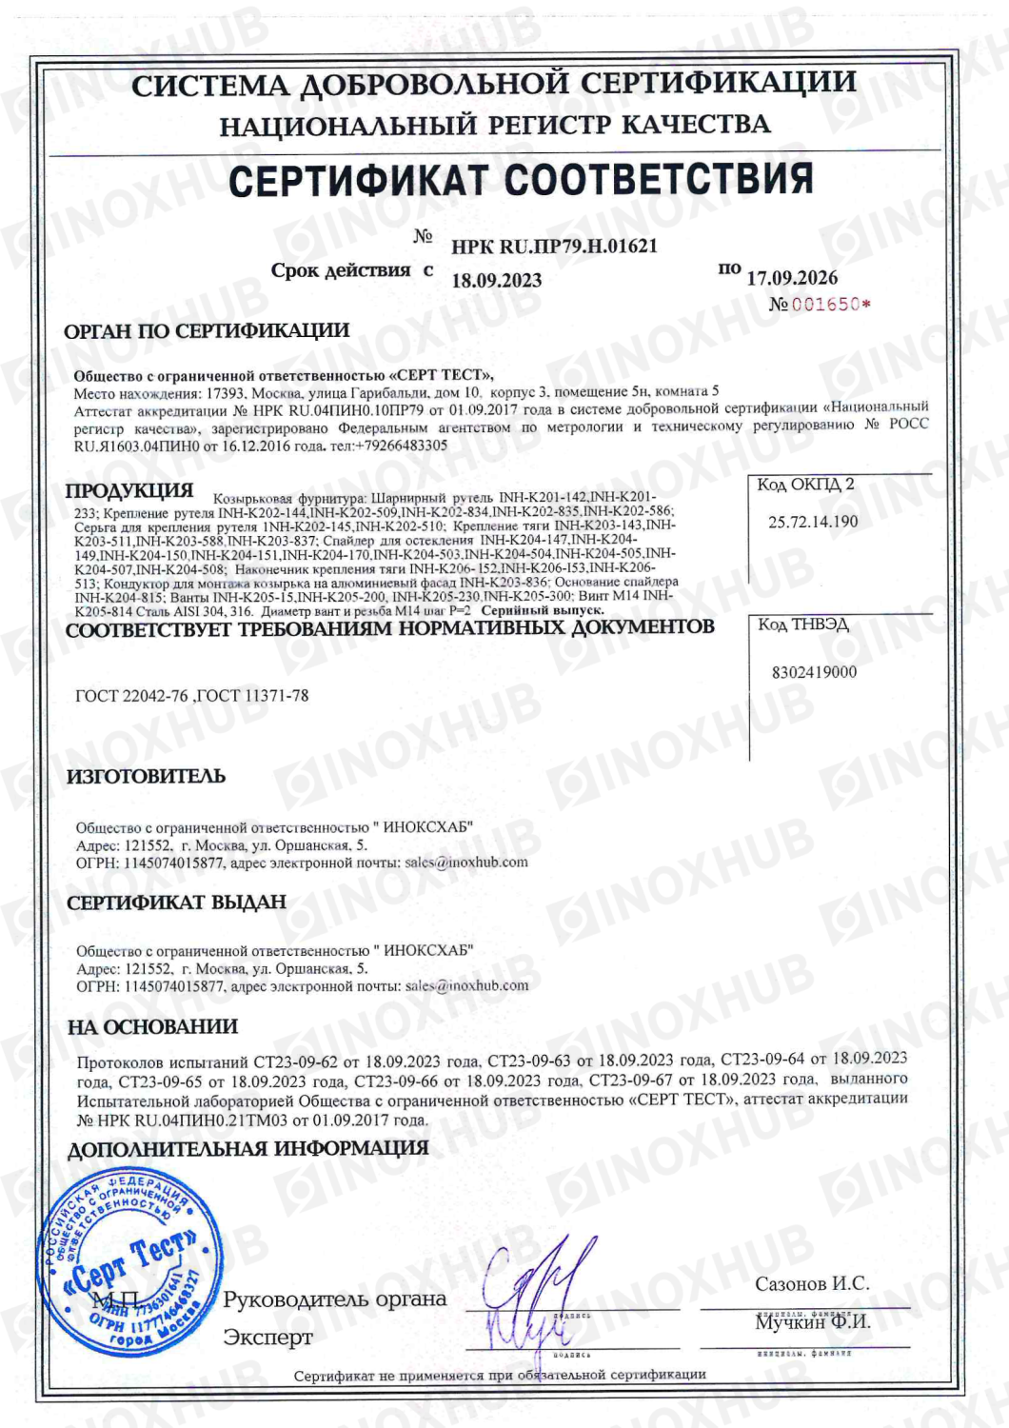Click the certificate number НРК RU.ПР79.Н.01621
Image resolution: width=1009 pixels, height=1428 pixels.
(554, 247)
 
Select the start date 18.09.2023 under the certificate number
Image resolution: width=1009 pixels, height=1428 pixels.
(496, 280)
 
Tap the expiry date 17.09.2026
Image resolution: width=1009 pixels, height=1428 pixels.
(792, 278)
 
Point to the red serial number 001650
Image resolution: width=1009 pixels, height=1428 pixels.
(825, 305)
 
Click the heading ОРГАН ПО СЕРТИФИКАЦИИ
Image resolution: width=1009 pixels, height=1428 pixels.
(207, 331)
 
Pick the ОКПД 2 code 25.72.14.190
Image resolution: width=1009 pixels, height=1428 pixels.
(813, 522)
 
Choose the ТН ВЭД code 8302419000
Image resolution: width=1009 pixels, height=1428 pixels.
(814, 672)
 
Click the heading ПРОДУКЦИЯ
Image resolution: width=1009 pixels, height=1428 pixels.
(129, 491)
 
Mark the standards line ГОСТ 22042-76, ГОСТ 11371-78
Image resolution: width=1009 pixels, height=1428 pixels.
(192, 696)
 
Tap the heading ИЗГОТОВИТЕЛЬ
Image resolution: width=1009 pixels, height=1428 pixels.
(146, 777)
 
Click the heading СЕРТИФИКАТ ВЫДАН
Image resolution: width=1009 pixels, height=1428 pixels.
(176, 902)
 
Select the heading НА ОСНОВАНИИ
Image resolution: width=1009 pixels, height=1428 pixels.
(152, 1027)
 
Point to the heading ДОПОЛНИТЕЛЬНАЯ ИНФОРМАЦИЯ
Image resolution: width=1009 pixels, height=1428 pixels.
(247, 1149)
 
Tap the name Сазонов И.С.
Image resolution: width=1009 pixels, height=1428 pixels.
(812, 1284)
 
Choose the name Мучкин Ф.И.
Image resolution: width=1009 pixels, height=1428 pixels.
(813, 1322)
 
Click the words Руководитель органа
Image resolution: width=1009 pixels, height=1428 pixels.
(334, 1299)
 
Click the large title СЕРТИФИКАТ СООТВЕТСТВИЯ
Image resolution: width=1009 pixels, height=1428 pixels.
(521, 180)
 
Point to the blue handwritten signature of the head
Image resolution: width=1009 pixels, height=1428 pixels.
(540, 1276)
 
